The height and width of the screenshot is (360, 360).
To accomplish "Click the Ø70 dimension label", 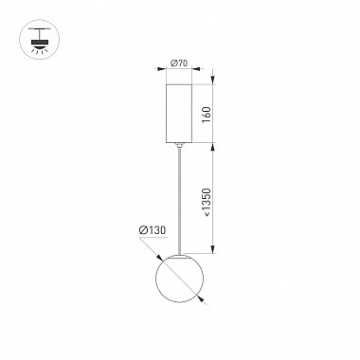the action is [x=179, y=63].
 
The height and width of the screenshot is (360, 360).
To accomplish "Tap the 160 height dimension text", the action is [x=206, y=115].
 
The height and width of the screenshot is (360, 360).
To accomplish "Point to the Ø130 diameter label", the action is [x=153, y=230].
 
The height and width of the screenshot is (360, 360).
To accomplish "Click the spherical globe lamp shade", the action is [x=179, y=278].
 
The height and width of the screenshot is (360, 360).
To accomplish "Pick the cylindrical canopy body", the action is [x=179, y=114].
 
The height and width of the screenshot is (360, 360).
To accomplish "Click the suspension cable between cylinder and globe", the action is [x=180, y=200].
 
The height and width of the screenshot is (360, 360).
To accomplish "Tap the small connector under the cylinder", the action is [x=179, y=145].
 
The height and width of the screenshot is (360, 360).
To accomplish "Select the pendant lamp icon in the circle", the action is [x=40, y=40].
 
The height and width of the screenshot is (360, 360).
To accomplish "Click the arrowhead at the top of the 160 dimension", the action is [x=213, y=80].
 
